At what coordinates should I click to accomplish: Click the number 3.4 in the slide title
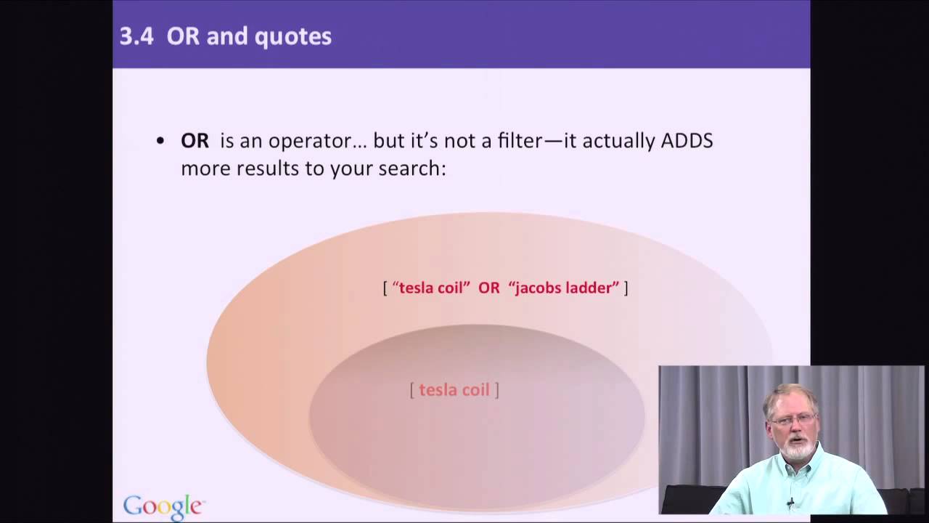pyautogui.click(x=136, y=36)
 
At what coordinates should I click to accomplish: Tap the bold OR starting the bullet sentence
pyautogui.click(x=195, y=140)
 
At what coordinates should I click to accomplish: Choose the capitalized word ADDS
pyautogui.click(x=687, y=140)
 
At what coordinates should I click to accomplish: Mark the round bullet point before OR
pyautogui.click(x=160, y=141)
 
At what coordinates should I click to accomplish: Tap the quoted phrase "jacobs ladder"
pyautogui.click(x=564, y=288)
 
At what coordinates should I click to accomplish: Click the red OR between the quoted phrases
pyautogui.click(x=488, y=288)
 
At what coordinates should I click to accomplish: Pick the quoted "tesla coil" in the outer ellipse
pyautogui.click(x=431, y=288)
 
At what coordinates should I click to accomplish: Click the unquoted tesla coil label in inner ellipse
pyautogui.click(x=454, y=390)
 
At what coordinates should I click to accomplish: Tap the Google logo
pyautogui.click(x=163, y=506)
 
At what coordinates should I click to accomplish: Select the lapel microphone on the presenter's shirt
pyautogui.click(x=790, y=502)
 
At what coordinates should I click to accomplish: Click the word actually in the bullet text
pyautogui.click(x=619, y=140)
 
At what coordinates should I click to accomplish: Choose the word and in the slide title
pyautogui.click(x=225, y=37)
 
